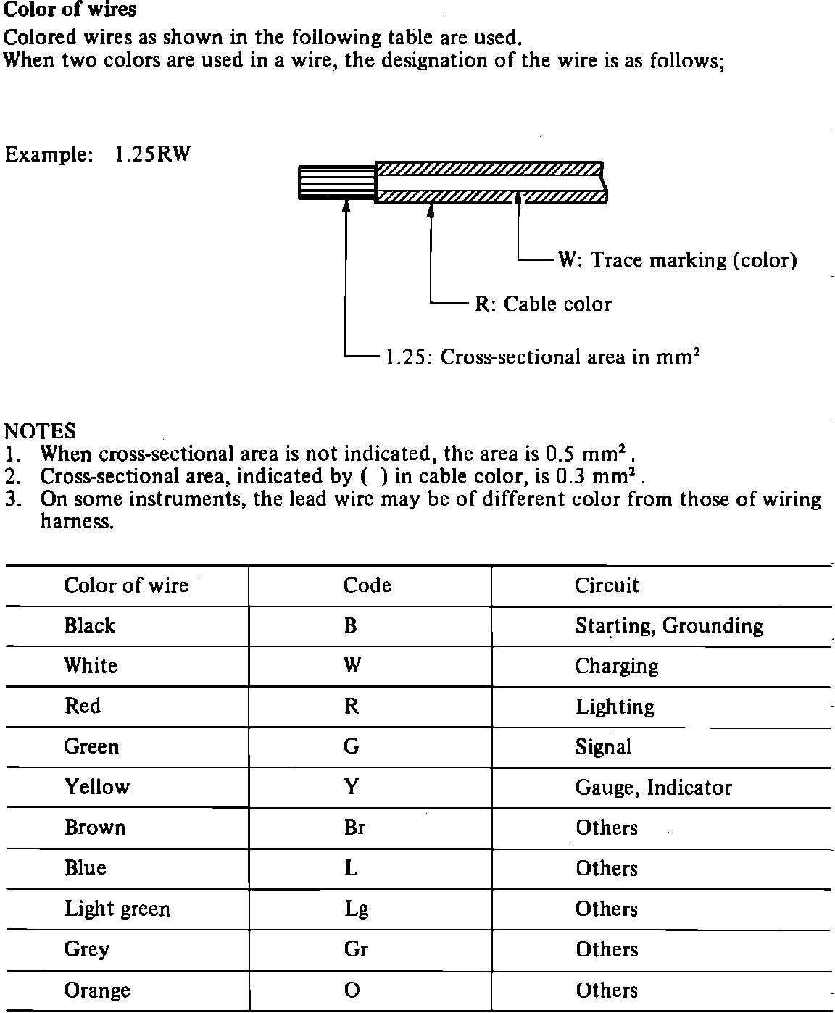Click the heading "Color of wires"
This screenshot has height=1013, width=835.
point(70,11)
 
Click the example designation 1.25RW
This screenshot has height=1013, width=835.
point(151,154)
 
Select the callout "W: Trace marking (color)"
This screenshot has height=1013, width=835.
point(677,260)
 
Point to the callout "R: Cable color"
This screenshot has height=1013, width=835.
point(543,304)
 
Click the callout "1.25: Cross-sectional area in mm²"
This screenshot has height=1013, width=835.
point(542,357)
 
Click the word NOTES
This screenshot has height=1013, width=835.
point(40,431)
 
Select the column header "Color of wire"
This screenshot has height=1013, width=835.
point(126,585)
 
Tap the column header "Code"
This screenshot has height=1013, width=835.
point(367,585)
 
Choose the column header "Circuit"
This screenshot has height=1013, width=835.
point(607,585)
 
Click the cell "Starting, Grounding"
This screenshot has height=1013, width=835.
point(668,626)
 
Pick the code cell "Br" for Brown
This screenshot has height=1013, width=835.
point(354,828)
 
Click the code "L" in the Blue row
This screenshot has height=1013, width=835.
point(351,868)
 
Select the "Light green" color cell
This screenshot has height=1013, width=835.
point(117,909)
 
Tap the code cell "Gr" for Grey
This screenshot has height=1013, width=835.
point(356,949)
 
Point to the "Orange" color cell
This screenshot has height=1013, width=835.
point(97,990)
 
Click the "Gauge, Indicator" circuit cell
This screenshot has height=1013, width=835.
point(653,788)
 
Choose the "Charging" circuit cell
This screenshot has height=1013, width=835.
point(616,667)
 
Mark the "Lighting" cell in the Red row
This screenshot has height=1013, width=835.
point(615,706)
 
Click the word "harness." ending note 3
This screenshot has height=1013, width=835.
point(77,522)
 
